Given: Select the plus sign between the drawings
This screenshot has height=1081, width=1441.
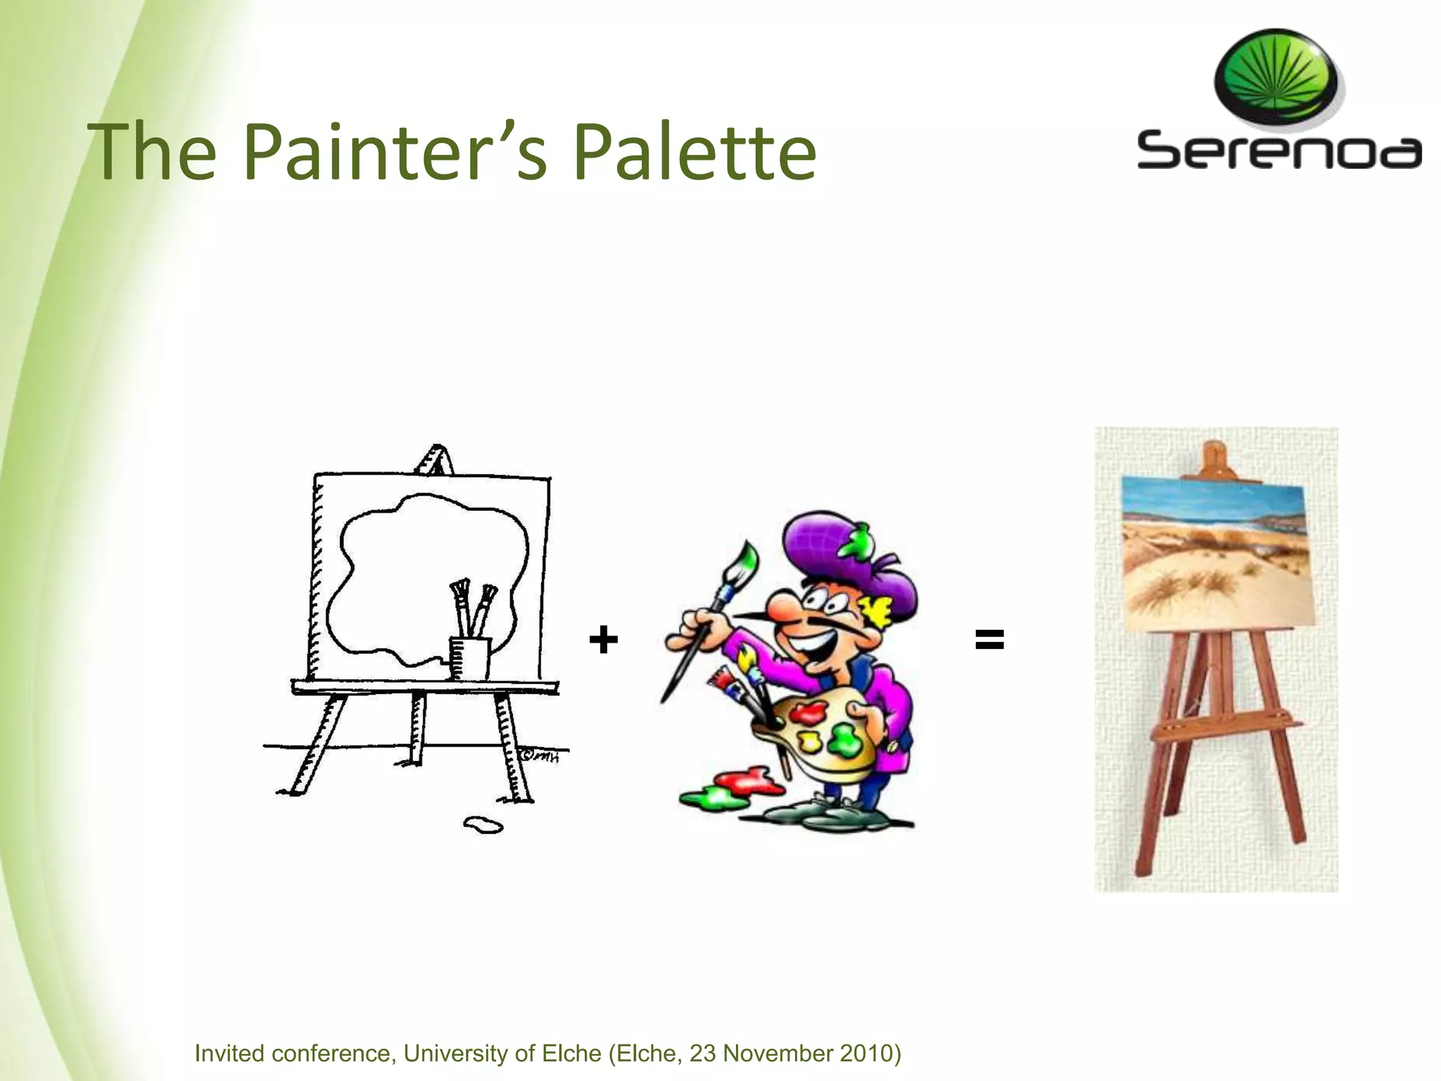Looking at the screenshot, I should click(x=603, y=640).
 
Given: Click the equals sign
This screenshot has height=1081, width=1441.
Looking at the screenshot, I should click(x=989, y=640).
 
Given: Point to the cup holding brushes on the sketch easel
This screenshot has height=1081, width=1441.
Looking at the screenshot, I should click(x=469, y=657).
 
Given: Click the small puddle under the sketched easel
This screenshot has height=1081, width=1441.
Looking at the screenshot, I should click(x=483, y=824).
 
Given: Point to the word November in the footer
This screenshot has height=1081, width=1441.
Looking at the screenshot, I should click(x=774, y=1053).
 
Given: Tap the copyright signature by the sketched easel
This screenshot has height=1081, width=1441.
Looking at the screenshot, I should click(x=540, y=757).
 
